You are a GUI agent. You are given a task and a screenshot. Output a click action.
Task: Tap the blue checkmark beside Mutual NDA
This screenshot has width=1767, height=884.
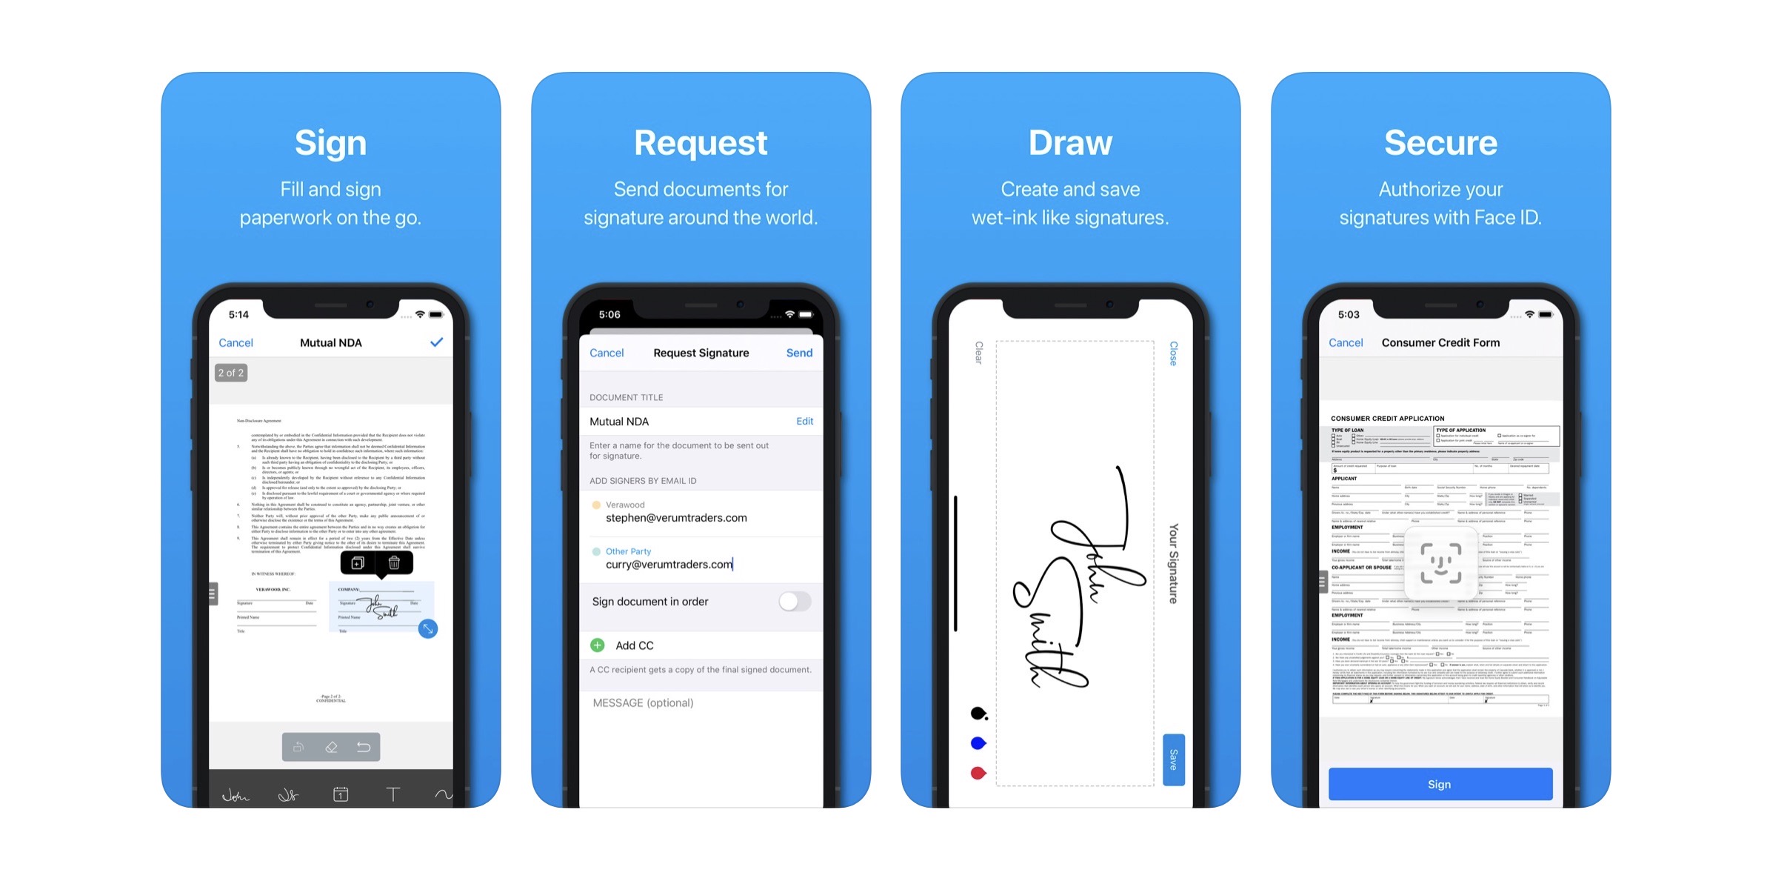[x=436, y=342]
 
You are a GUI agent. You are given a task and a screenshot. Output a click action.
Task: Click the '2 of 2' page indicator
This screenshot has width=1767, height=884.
[x=230, y=373]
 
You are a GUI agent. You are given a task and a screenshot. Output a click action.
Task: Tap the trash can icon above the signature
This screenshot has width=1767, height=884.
[x=394, y=563]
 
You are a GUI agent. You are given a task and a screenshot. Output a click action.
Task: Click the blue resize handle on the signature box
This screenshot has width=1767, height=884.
[x=427, y=629]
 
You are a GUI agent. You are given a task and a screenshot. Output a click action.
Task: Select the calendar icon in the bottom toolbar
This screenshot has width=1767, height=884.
[x=341, y=794]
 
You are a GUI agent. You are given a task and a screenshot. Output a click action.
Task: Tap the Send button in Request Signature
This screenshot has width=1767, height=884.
[x=799, y=353]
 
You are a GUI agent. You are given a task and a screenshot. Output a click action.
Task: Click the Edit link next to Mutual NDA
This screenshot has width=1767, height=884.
[x=804, y=421]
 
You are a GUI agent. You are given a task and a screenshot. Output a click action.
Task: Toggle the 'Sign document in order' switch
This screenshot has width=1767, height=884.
[x=794, y=601]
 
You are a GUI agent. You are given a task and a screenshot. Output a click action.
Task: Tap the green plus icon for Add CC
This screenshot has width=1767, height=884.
[x=598, y=645]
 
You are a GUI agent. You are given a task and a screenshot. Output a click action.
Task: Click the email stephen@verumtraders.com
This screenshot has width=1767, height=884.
[x=676, y=518]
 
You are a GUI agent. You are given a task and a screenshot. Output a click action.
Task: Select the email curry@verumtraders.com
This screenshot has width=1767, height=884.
[x=669, y=565]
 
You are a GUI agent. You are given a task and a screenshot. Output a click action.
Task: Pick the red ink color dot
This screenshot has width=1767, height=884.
[x=978, y=773]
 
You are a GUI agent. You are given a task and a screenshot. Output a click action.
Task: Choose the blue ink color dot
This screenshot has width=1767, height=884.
[x=978, y=742]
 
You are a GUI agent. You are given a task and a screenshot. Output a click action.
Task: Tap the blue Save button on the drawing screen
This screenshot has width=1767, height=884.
[x=1173, y=760]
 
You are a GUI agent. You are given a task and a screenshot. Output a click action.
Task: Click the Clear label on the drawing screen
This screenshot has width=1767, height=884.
[x=979, y=353]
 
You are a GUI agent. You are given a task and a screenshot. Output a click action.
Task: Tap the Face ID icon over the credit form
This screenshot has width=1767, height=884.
[x=1440, y=564]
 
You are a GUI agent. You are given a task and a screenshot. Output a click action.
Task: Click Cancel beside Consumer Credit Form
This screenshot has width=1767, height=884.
[x=1345, y=342]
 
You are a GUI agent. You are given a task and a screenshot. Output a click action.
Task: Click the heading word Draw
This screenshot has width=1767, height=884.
[x=1070, y=142]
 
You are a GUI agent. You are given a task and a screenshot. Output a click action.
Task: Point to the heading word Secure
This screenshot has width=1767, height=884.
[x=1440, y=142]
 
